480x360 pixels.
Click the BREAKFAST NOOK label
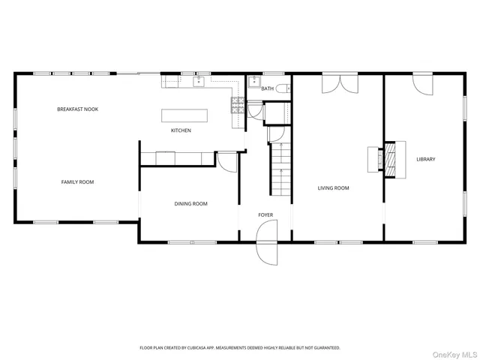[x=77, y=109]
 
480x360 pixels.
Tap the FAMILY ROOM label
[x=77, y=181]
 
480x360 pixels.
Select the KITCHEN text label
[x=181, y=130]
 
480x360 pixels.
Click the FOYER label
[x=265, y=215]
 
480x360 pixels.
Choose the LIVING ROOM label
[x=333, y=187]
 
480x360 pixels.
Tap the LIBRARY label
[x=425, y=159]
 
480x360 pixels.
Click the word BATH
[x=267, y=88]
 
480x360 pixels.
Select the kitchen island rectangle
[x=184, y=115]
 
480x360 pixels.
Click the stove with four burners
[x=237, y=104]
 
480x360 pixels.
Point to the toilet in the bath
[x=283, y=88]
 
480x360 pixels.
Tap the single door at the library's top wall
[x=422, y=84]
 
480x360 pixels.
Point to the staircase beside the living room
[x=280, y=169]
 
